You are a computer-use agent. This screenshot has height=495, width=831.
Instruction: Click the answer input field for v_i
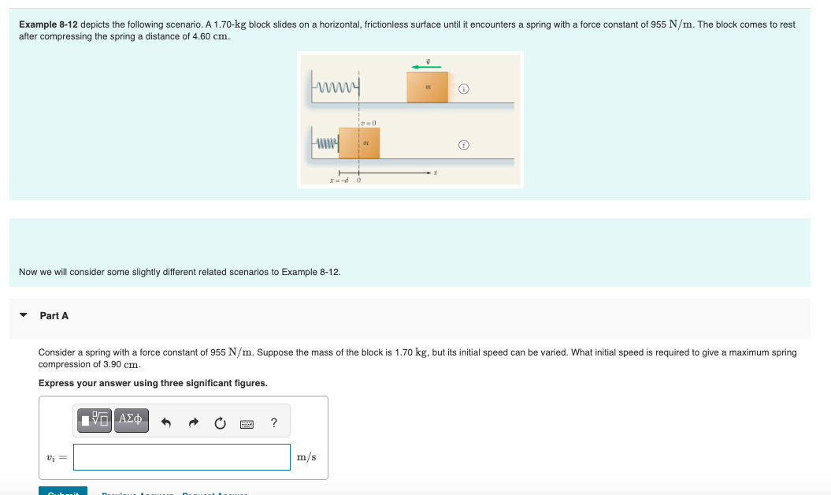pyautogui.click(x=182, y=457)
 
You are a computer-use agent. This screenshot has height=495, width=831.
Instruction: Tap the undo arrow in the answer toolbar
pyautogui.click(x=166, y=422)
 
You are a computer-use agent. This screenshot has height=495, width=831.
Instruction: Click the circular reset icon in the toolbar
pyautogui.click(x=221, y=422)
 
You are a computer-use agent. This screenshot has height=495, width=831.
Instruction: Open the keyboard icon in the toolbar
pyautogui.click(x=247, y=423)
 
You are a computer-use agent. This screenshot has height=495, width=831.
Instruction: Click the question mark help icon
pyautogui.click(x=273, y=422)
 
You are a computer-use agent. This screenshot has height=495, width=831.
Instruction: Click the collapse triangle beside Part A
pyautogui.click(x=24, y=315)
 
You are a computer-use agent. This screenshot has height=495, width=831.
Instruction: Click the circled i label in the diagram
pyautogui.click(x=464, y=89)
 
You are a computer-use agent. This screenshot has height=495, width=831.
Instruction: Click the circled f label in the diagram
pyautogui.click(x=464, y=145)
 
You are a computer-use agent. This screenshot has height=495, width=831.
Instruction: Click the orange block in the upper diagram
pyautogui.click(x=427, y=87)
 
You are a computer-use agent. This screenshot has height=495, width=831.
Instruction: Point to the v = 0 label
pyautogui.click(x=369, y=123)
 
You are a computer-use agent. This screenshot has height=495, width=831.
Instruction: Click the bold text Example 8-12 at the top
pyautogui.click(x=48, y=25)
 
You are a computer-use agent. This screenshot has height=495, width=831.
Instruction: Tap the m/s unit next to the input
pyautogui.click(x=306, y=457)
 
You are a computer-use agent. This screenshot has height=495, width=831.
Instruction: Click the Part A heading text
pyautogui.click(x=54, y=315)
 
